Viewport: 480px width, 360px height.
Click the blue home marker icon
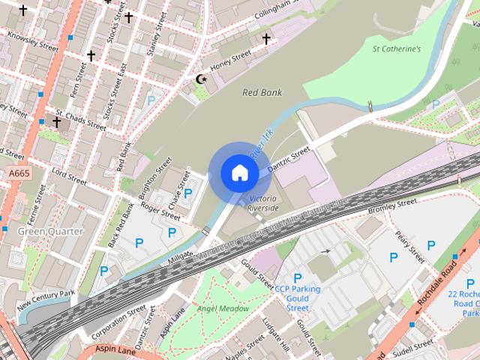tap(239, 173)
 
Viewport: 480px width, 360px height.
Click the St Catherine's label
tap(396, 49)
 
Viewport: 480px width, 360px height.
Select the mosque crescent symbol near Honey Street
tap(200, 78)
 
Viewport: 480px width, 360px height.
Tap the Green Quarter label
tap(50, 231)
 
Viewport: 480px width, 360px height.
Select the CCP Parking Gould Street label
tap(297, 298)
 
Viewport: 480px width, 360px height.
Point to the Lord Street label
tap(69, 177)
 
